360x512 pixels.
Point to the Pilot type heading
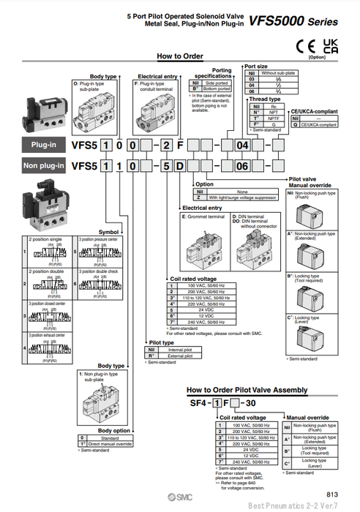pyautogui.click(x=161, y=342)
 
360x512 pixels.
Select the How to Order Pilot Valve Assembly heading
pyautogui.click(x=247, y=390)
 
